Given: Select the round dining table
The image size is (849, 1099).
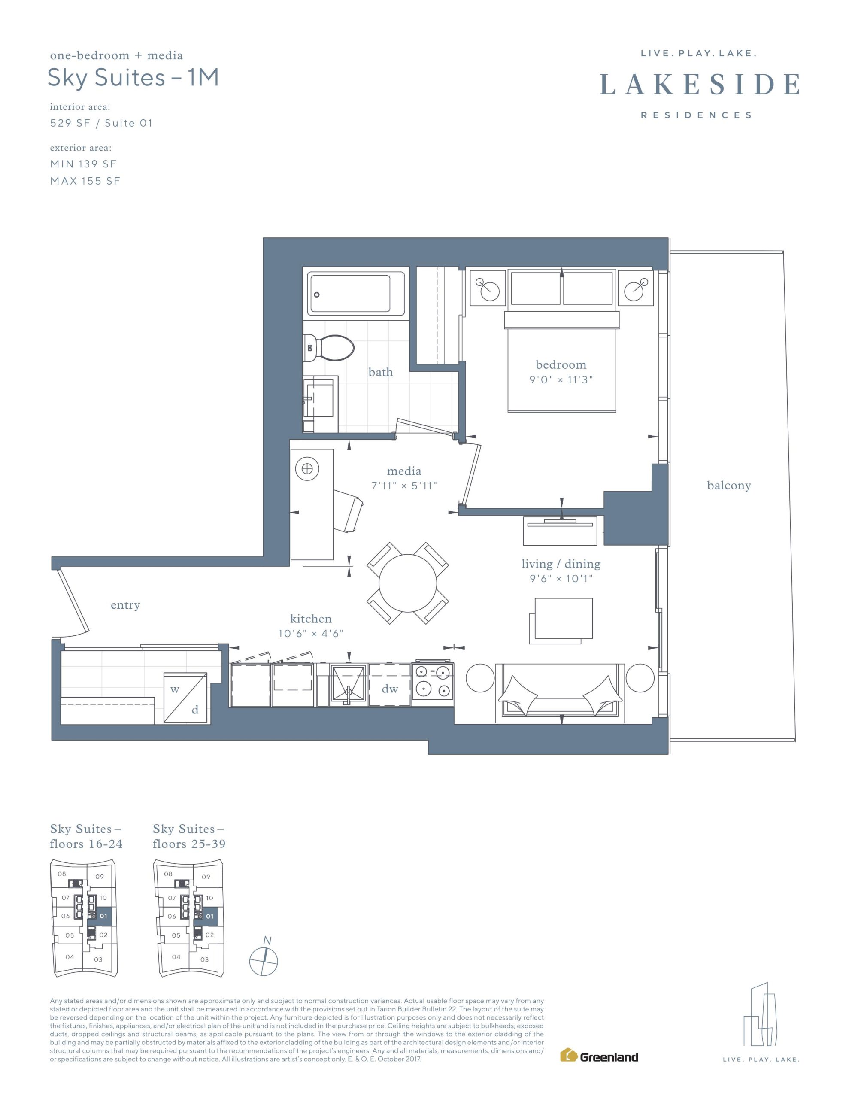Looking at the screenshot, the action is (408, 583).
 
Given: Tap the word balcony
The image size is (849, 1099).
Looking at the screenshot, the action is (729, 486).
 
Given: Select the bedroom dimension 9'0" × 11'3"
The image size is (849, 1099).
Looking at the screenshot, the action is (561, 379).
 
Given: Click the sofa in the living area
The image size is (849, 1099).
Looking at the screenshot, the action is (560, 693).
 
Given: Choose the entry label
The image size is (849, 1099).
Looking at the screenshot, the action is (125, 605).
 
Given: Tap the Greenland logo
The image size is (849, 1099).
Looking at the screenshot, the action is (599, 1055).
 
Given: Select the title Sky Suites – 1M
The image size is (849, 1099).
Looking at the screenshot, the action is (133, 78).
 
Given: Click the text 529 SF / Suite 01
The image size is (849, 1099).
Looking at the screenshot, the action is (101, 123).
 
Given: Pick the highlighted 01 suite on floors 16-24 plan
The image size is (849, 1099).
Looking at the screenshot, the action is (102, 916).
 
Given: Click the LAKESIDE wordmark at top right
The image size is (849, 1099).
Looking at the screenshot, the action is (700, 84).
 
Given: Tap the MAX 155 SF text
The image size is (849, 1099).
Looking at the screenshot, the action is (85, 181).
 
